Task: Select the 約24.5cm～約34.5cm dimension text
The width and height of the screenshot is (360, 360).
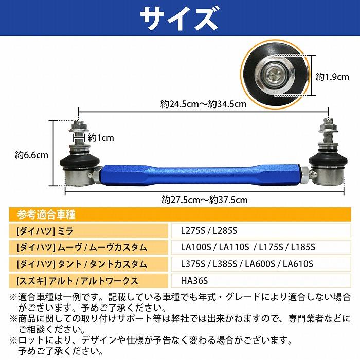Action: point(203,104)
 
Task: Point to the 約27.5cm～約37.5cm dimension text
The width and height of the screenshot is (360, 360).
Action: point(204,199)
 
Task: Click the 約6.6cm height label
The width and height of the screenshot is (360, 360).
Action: point(32,154)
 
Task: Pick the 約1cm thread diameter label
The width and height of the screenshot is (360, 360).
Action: point(101,138)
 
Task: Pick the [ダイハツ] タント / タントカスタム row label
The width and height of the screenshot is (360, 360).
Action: point(81,264)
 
